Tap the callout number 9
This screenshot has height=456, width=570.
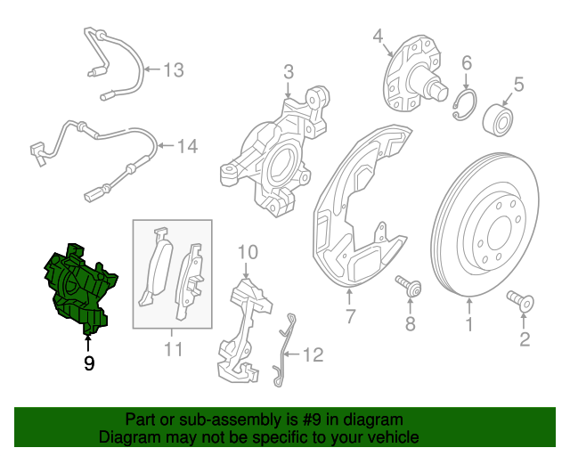click(88, 362)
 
